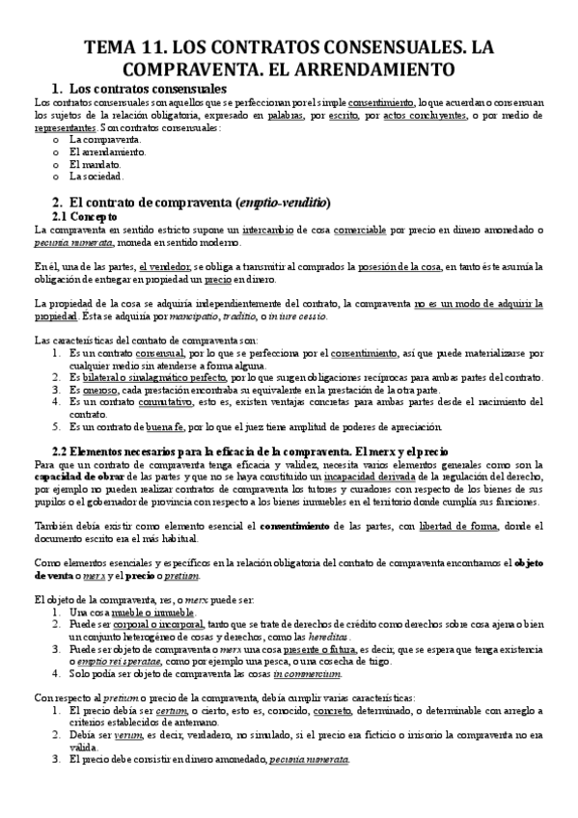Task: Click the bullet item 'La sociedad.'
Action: click(x=96, y=176)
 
